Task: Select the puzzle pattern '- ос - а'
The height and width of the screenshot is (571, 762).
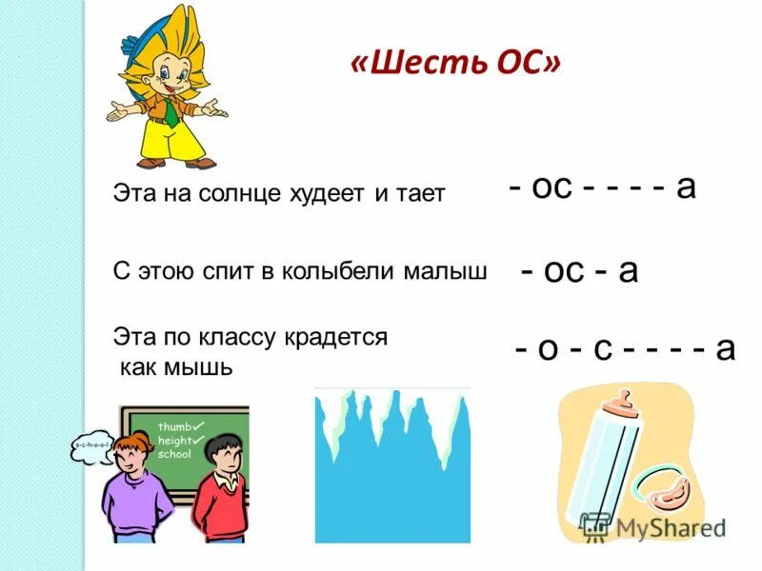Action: click(579, 270)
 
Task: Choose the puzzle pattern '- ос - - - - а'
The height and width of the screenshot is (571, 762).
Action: click(603, 186)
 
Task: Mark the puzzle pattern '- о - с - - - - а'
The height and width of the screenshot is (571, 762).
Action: click(625, 348)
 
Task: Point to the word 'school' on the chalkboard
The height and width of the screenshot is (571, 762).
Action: click(174, 454)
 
